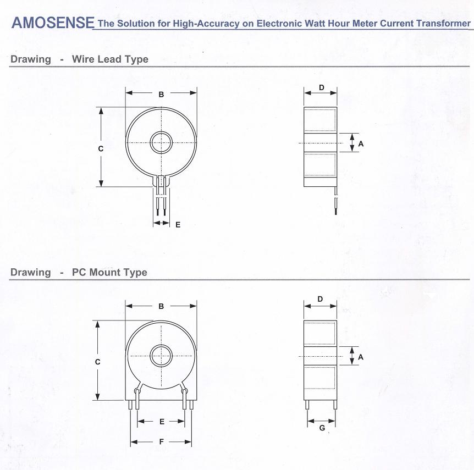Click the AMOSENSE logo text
53,23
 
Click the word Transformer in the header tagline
443,23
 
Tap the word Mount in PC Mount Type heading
105,272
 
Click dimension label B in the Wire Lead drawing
162,95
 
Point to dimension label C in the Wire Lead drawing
101,149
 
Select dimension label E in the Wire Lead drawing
178,225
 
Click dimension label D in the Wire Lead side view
321,87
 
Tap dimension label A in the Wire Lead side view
361,144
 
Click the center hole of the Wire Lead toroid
162,142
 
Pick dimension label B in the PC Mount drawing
162,306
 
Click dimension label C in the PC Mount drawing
97,362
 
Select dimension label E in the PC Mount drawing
162,422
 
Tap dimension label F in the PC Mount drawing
162,442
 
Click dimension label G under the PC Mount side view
322,428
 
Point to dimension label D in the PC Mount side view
320,299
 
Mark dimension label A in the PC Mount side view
361,357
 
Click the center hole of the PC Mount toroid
162,356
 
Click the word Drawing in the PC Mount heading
31,272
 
